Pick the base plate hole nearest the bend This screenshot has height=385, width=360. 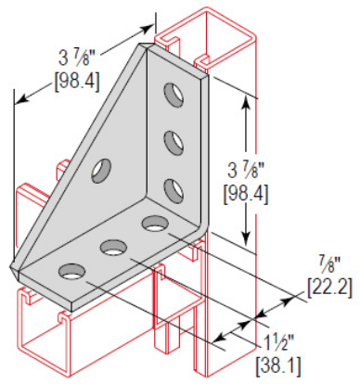pyautogui.click(x=153, y=223)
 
